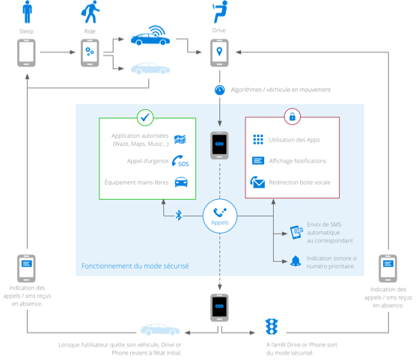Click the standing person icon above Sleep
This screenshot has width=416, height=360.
point(27,12)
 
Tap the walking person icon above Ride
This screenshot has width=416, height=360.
point(91,12)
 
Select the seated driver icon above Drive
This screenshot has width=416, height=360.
point(220,12)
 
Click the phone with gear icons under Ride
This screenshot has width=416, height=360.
point(90,53)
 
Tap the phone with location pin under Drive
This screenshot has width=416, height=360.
point(219,53)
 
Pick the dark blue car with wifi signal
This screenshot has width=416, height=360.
point(150,36)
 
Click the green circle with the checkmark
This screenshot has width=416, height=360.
point(145,118)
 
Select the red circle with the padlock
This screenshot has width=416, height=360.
point(293,116)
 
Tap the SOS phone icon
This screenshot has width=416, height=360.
point(180,161)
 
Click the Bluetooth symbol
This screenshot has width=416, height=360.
point(179,216)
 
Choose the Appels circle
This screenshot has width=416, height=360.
point(220,216)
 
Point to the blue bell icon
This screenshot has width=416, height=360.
point(296,261)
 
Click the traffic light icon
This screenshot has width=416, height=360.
point(272,326)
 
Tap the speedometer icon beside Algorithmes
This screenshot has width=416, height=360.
point(220,90)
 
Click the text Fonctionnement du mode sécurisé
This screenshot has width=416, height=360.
point(135,266)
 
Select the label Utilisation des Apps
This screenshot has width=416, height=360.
point(295,140)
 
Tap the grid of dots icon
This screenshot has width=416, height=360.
point(258,139)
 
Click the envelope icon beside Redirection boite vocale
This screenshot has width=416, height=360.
point(257,182)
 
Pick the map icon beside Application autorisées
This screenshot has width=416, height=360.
point(180,139)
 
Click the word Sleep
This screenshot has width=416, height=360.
point(26,31)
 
